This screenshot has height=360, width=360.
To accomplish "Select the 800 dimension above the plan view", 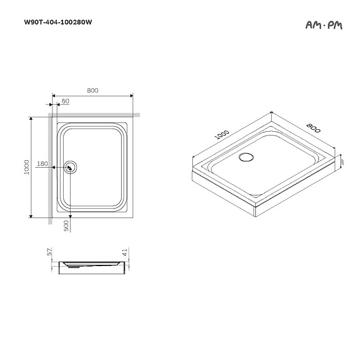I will click(92, 91).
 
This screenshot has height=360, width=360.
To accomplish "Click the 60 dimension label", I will click(66, 101).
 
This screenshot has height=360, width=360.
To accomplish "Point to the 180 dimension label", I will click(42, 164).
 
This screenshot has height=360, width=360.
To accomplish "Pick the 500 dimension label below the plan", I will click(66, 226).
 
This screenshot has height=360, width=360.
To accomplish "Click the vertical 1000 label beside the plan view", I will click(26, 166).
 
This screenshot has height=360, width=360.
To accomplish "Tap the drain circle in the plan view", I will click(71, 167).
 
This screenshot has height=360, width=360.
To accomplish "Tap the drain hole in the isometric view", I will click(246, 156).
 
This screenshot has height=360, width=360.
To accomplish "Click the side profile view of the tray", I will click(92, 267).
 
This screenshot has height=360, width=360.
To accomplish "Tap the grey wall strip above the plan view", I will click(95, 115).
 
